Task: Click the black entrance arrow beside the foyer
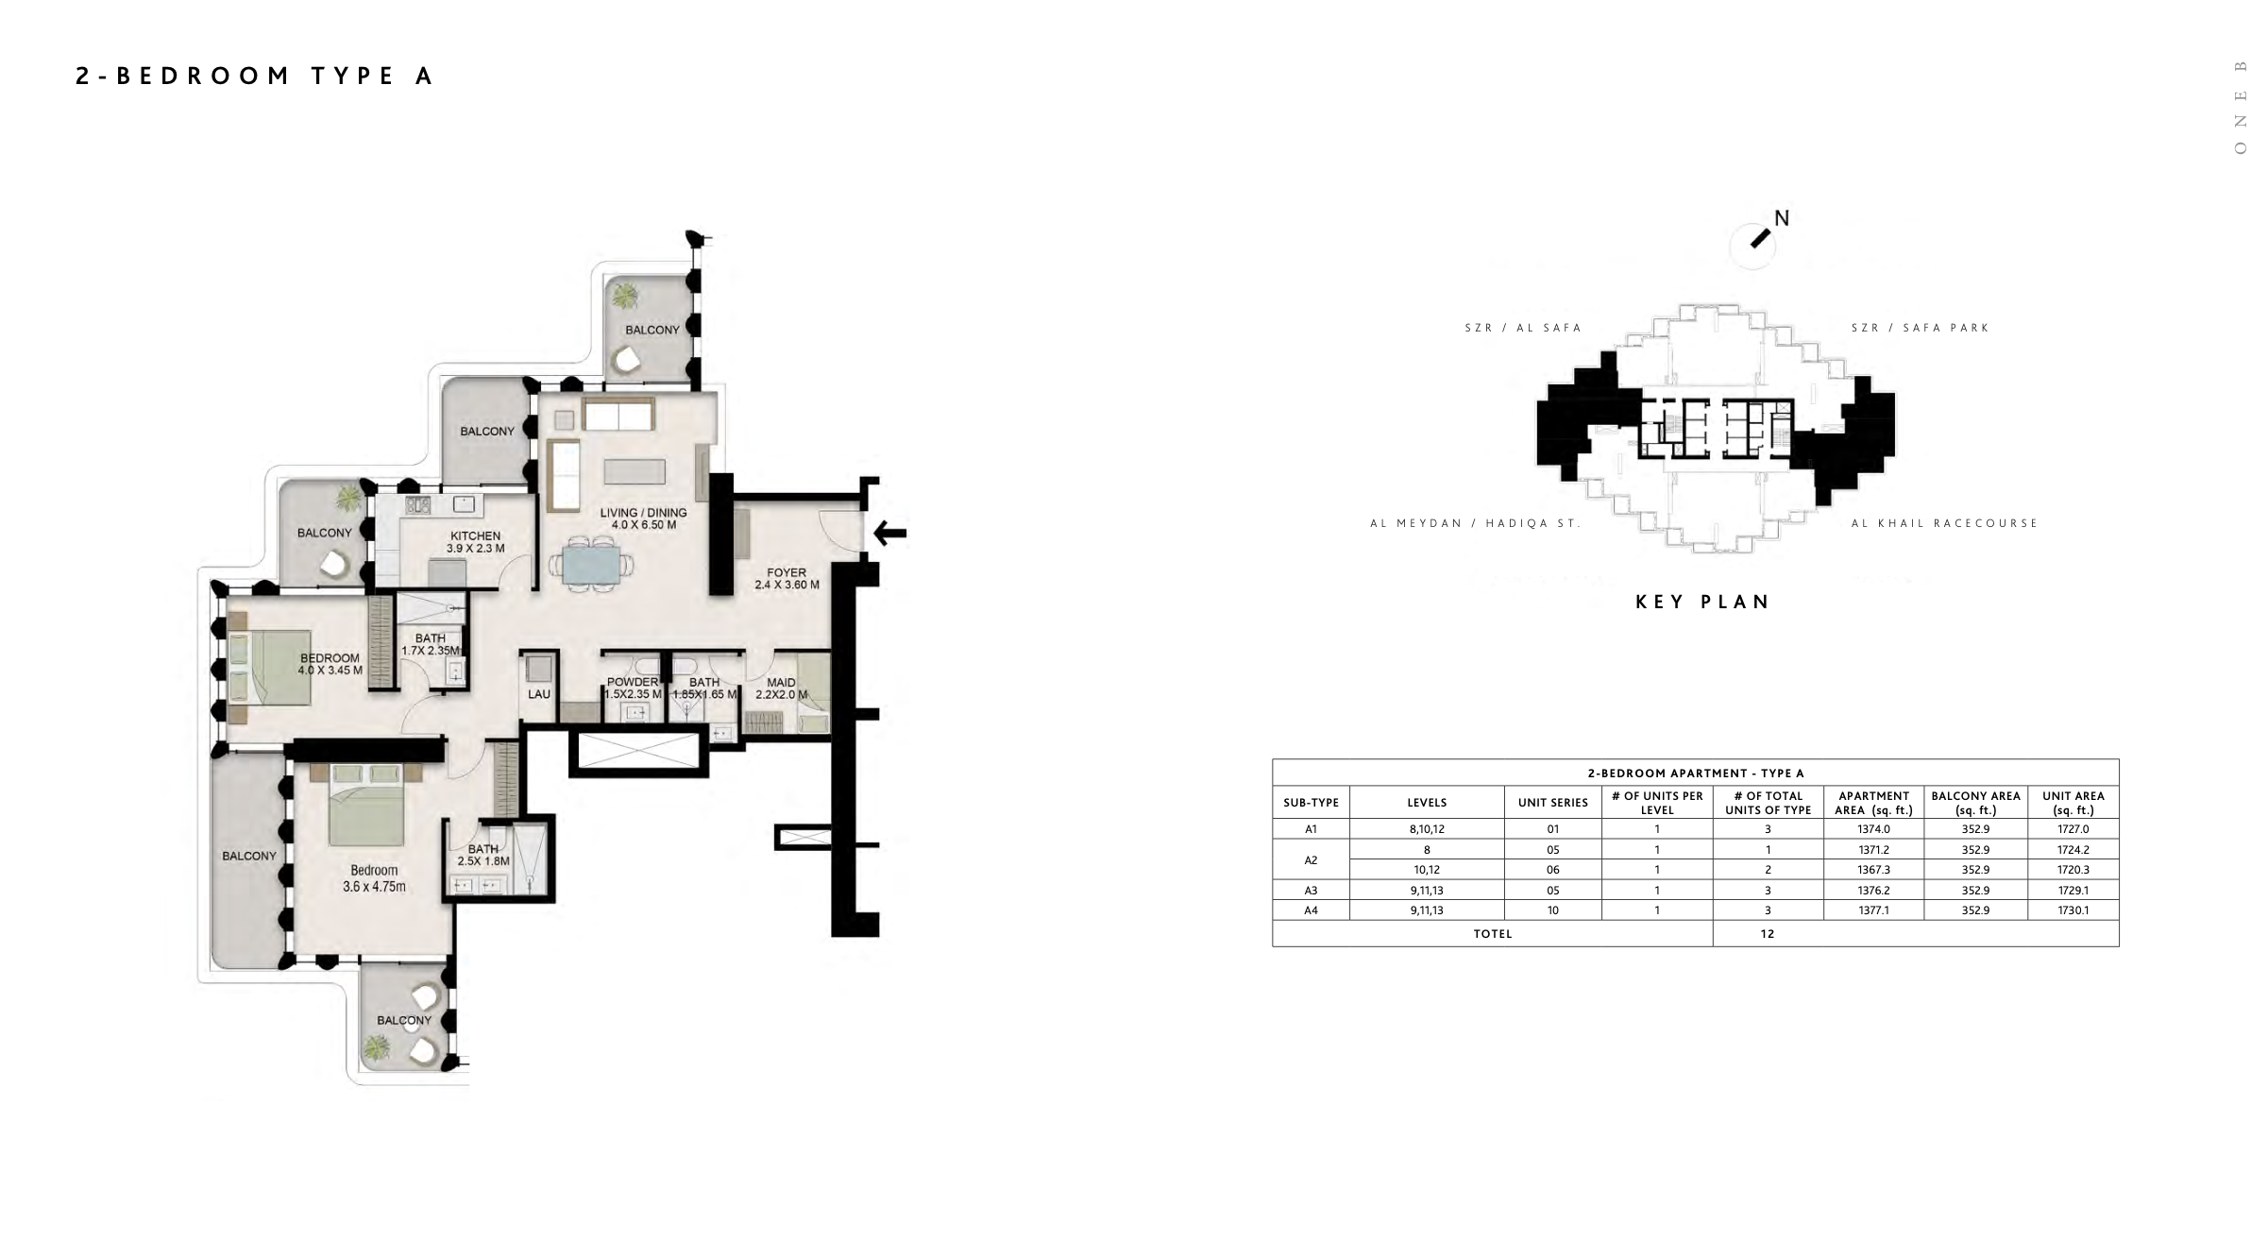click(x=889, y=533)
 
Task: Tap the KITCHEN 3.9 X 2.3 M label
click(x=476, y=542)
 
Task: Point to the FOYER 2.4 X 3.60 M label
click(x=787, y=579)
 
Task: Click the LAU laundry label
click(x=539, y=694)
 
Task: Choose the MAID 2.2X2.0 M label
click(x=782, y=688)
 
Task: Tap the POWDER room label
click(x=633, y=682)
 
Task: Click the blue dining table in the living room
click(x=591, y=564)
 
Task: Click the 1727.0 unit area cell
click(x=2073, y=829)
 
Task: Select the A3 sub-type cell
click(x=1311, y=890)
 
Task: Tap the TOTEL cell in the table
click(x=1493, y=934)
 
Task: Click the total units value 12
click(x=1768, y=934)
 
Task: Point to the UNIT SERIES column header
click(x=1553, y=803)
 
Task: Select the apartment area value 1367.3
click(x=1874, y=870)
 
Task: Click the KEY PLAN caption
click(x=1703, y=602)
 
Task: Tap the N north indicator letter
click(x=1782, y=218)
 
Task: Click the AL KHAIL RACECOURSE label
click(x=1945, y=523)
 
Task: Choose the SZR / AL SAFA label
click(x=1523, y=328)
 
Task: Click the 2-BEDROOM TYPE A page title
click(x=254, y=76)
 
